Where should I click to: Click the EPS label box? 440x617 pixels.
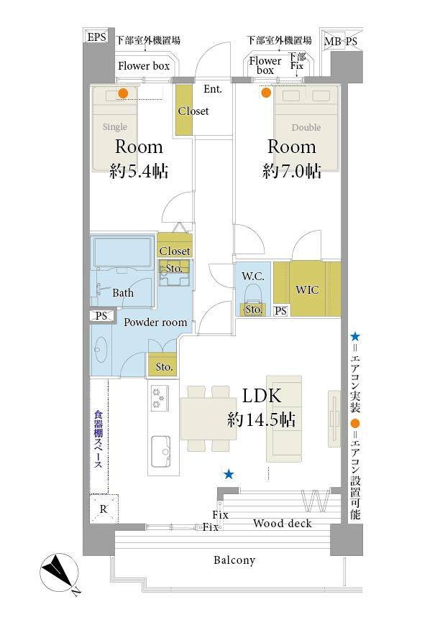tap(96, 37)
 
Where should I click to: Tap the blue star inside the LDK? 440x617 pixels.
tap(229, 474)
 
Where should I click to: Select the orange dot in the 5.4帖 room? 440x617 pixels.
tap(123, 93)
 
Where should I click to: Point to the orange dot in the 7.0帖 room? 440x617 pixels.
tap(266, 93)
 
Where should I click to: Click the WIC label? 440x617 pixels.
tap(307, 290)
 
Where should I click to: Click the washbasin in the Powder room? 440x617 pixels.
tap(101, 348)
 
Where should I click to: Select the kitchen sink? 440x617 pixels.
tap(162, 451)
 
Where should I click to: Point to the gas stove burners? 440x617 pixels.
tap(160, 398)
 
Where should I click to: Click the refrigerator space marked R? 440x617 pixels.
tap(104, 509)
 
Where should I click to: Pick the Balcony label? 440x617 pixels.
tap(234, 560)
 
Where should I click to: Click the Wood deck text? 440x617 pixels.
tap(283, 524)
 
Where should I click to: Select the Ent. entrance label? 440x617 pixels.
tap(213, 89)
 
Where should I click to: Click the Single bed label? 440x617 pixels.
tap(114, 126)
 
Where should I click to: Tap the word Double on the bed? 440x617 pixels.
tap(306, 127)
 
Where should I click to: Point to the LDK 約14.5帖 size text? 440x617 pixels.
tap(261, 420)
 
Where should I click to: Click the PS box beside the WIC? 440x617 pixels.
tap(280, 311)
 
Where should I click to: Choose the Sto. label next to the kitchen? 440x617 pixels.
tap(164, 367)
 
